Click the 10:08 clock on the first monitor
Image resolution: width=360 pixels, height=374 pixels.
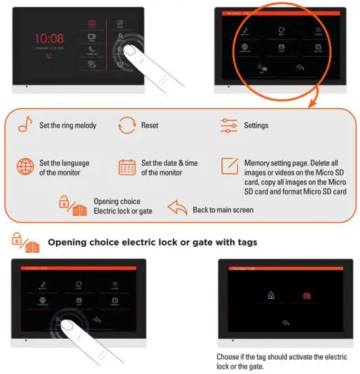[48, 39]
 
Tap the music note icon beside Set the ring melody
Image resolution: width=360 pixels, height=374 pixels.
[25, 126]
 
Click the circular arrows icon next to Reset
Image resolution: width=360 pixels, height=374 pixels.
[127, 126]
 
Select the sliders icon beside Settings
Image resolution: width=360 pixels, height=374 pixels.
[228, 126]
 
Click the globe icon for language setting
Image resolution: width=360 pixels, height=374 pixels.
[25, 167]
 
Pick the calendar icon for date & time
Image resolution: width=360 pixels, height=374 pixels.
[127, 167]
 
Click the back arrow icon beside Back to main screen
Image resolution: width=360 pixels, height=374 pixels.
[177, 209]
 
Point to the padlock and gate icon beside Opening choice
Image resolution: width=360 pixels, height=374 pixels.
[72, 206]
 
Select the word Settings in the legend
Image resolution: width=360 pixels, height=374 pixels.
[256, 126]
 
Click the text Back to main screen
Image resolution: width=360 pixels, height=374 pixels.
[223, 210]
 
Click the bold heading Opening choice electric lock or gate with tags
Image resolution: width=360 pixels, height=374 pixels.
[152, 242]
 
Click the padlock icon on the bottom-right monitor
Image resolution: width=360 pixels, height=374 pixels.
[271, 296]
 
